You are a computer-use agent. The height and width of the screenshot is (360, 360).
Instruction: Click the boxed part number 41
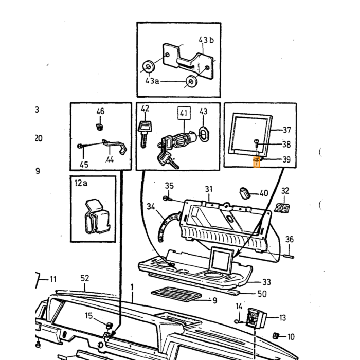coord(184,113)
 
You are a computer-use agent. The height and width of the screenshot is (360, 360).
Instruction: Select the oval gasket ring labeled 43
coord(204,133)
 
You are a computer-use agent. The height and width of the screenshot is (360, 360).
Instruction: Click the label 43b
coord(206,40)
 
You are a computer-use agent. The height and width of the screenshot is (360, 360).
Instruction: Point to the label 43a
coord(152,81)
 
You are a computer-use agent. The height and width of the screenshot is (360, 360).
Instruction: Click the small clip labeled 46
coord(99,127)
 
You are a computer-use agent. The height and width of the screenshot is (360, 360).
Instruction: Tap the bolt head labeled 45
coord(80,146)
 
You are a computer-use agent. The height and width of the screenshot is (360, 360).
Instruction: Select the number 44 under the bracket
coord(110,159)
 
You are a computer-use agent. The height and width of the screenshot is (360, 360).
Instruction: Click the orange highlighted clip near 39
coord(257,161)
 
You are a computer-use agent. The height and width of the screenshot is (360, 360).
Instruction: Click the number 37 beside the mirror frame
coord(287,130)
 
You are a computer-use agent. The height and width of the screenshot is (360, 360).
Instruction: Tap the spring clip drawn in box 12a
coord(97,217)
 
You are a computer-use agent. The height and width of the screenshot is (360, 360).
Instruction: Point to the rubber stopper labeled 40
coord(245,193)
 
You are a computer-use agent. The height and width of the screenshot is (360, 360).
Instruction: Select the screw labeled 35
coord(168,199)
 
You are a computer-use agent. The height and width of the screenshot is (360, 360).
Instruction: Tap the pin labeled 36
coord(289,257)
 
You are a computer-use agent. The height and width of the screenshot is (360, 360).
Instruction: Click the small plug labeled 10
coord(276,336)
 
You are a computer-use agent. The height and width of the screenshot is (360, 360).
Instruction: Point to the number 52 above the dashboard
coord(85,278)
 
